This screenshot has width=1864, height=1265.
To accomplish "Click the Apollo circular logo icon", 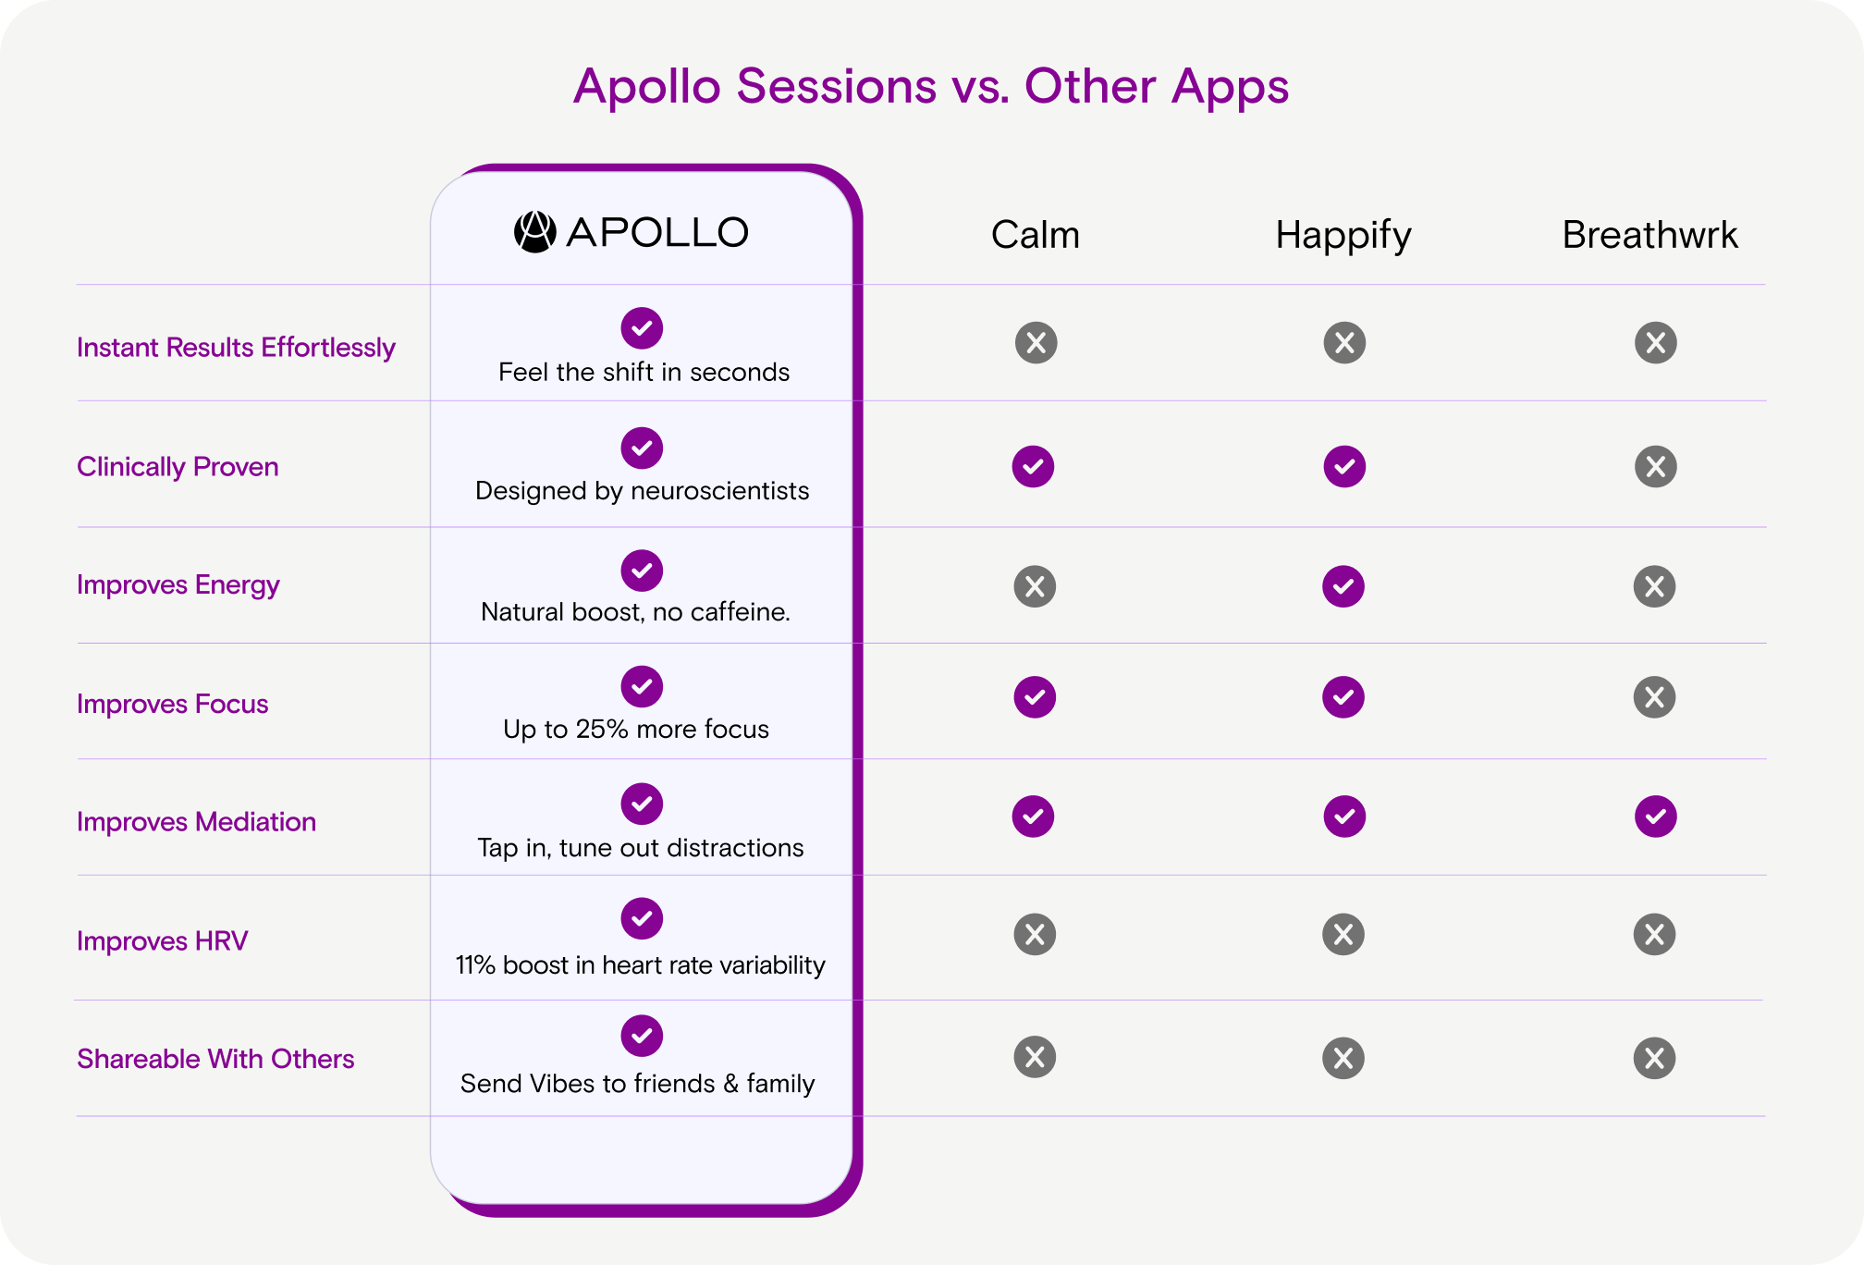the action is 534,232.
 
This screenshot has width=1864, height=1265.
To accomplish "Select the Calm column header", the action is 1035,235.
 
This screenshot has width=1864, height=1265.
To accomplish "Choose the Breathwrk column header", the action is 1649,235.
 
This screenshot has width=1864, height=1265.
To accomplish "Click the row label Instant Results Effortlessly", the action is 236,348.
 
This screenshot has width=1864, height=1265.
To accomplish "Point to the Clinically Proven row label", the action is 178,467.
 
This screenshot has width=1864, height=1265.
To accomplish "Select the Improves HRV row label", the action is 162,940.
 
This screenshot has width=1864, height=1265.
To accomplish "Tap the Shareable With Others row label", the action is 215,1059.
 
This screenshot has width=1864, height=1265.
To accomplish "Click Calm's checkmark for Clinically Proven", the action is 1034,466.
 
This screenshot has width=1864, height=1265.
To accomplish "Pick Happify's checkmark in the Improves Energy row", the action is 1343,586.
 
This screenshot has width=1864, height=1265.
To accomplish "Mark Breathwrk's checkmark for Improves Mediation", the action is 1655,817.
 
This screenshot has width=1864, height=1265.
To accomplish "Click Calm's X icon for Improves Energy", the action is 1035,586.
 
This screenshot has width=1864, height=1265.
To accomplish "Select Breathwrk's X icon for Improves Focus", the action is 1655,697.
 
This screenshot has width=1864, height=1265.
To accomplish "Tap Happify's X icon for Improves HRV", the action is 1343,934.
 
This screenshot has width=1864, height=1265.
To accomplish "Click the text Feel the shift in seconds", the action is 644,372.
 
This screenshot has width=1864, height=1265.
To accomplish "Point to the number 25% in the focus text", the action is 602,729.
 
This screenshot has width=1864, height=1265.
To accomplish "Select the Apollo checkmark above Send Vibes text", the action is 642,1036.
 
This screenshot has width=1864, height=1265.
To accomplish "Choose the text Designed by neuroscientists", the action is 643,491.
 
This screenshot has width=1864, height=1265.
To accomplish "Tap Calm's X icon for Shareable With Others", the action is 1035,1057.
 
